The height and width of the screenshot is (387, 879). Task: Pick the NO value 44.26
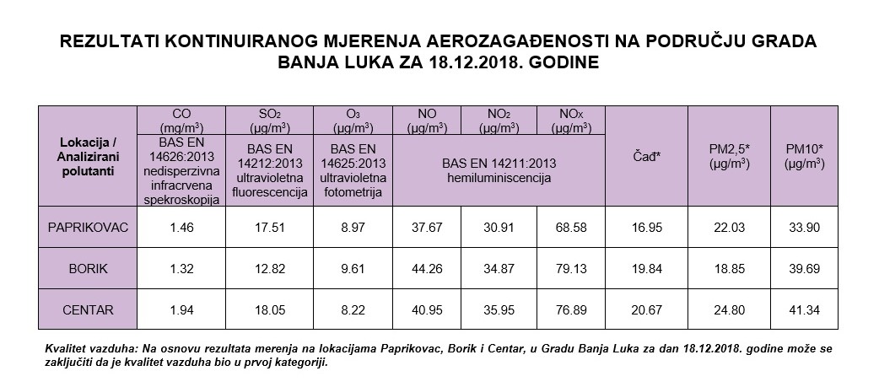[x=427, y=269]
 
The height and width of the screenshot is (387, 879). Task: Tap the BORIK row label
[x=88, y=269]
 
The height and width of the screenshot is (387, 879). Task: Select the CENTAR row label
[x=88, y=310]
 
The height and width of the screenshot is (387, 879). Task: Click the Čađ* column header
[x=647, y=155]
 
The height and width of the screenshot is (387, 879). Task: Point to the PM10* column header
[x=805, y=155]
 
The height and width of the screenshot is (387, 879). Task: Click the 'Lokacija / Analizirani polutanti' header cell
[x=88, y=156]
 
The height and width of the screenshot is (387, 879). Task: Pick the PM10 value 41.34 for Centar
[x=805, y=310]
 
